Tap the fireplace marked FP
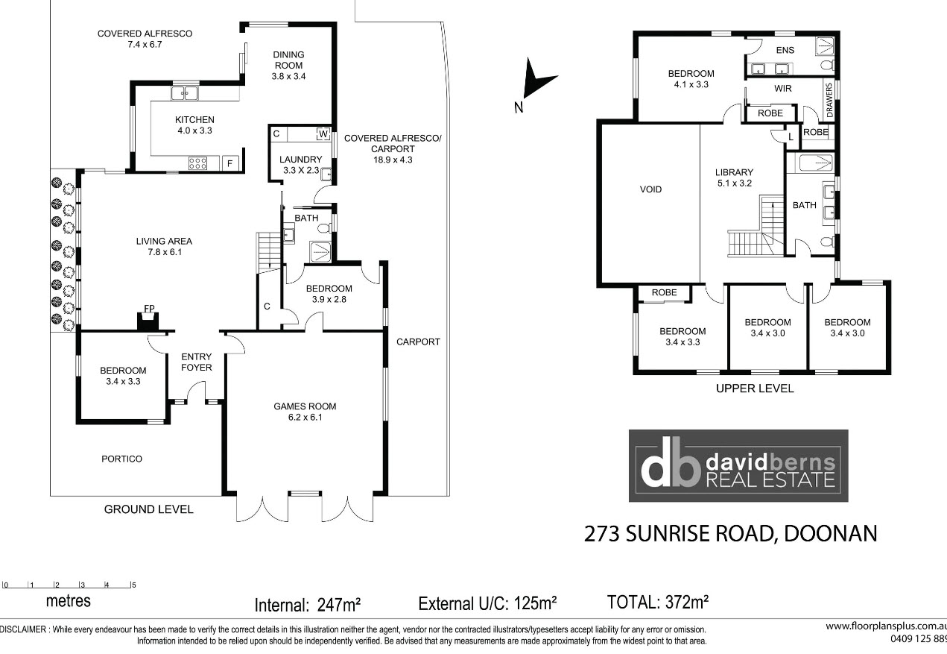tap(148, 321)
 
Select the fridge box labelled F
tap(230, 163)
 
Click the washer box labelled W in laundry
tap(323, 134)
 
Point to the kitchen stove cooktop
tap(197, 163)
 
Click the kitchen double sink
tap(184, 93)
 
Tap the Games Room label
tap(305, 412)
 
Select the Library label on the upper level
tap(735, 177)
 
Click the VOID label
tap(650, 189)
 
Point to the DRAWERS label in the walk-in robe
tap(829, 100)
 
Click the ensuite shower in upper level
tap(824, 46)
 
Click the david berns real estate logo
tap(738, 466)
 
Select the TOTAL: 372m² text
tap(658, 602)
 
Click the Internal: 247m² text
tap(308, 605)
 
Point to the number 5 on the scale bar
tap(134, 585)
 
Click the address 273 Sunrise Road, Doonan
tap(730, 533)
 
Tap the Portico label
tap(121, 459)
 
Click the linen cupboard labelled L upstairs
tap(791, 136)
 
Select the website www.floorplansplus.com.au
tap(886, 626)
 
